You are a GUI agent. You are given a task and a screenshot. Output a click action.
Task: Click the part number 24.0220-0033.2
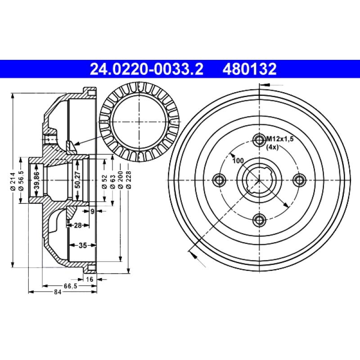pyautogui.click(x=147, y=69)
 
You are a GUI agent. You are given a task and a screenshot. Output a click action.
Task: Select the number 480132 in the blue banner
pyautogui.click(x=249, y=69)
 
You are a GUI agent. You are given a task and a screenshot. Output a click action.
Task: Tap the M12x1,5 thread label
pyautogui.click(x=279, y=139)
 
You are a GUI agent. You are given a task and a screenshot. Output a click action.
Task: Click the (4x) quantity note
pyautogui.click(x=272, y=148)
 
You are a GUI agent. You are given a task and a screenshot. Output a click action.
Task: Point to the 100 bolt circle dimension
pyautogui.click(x=238, y=161)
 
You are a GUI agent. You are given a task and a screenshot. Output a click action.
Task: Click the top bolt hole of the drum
pyautogui.click(x=259, y=139)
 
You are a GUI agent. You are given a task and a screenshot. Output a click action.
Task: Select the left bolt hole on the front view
pyautogui.click(x=219, y=180)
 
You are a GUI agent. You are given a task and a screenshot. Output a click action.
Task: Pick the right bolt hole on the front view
pyautogui.click(x=300, y=179)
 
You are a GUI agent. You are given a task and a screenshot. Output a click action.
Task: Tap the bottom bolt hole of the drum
pyautogui.click(x=259, y=220)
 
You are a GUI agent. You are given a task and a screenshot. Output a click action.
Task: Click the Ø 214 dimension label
pyautogui.click(x=13, y=181)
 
